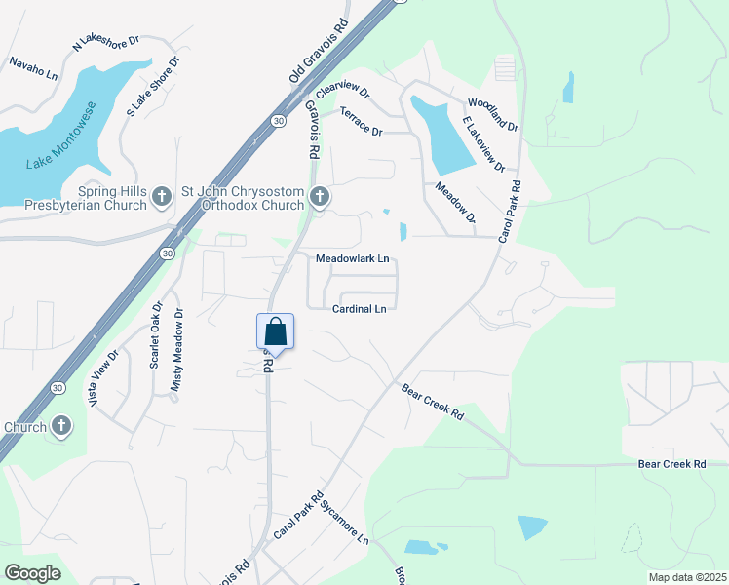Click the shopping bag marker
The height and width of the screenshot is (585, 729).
coord(275,332)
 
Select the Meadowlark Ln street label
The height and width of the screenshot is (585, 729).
coord(353,258)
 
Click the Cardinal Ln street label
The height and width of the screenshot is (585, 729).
coord(360,309)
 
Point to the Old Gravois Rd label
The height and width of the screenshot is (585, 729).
coord(318,51)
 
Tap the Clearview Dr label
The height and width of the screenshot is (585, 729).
coord(342,90)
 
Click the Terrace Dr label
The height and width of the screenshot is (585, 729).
coord(361,122)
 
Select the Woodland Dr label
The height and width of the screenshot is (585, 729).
coord(493,114)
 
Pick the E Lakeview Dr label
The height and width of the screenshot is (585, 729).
coord(483,143)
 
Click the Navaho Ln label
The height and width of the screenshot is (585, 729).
coord(34,68)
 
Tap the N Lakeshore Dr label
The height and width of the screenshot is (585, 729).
coord(106,44)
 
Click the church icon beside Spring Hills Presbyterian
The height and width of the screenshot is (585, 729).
coord(163,199)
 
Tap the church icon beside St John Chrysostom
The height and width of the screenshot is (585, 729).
coord(319,199)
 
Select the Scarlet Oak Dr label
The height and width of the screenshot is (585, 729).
coord(155,334)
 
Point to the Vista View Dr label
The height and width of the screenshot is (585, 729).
coord(104,379)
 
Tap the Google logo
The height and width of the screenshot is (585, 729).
coord(32,573)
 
